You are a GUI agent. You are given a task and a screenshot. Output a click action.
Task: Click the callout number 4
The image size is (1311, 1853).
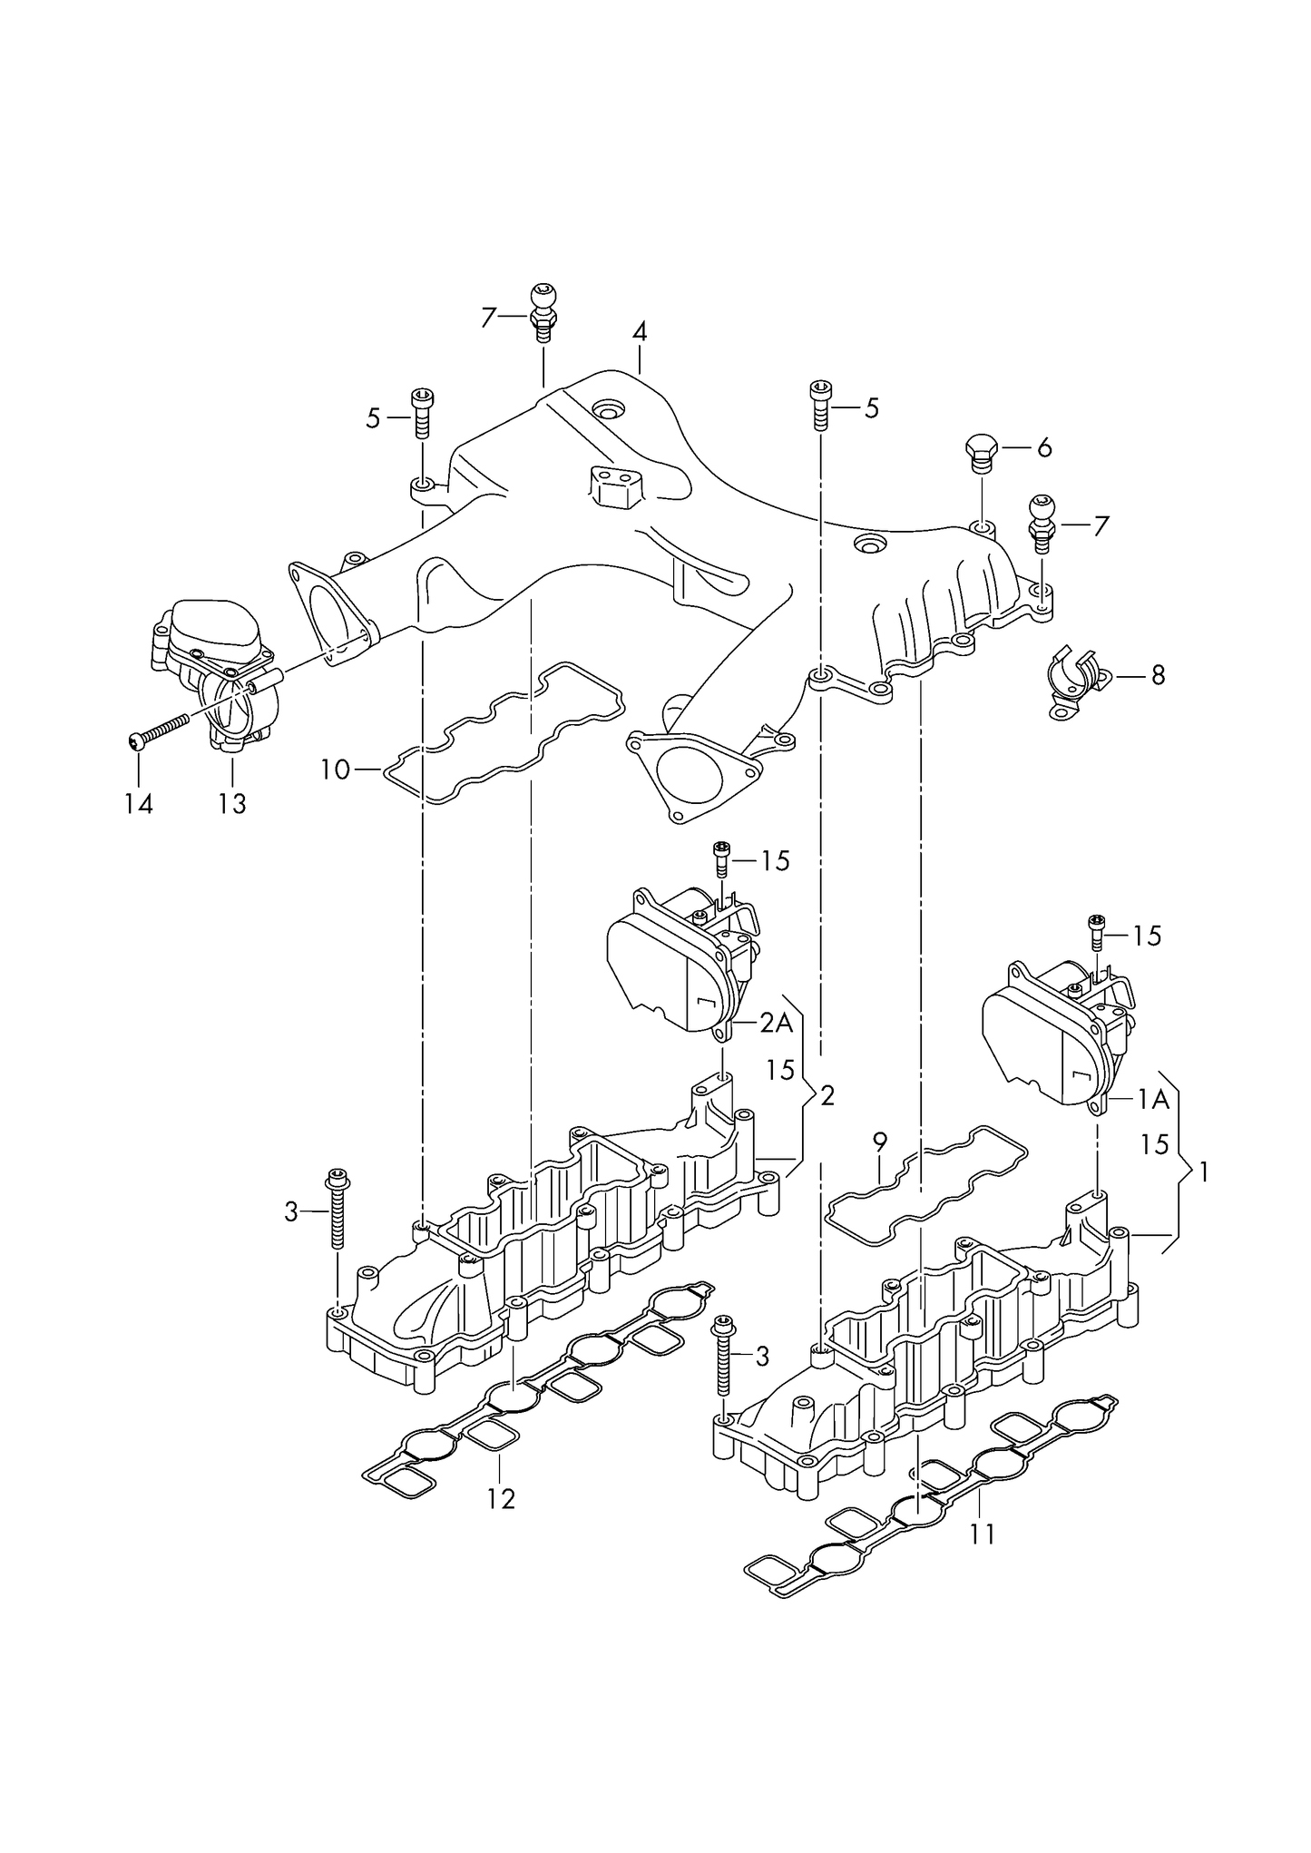click(x=640, y=332)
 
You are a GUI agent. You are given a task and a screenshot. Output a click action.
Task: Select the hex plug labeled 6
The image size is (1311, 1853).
click(x=982, y=452)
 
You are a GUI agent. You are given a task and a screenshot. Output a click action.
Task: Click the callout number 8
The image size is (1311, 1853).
click(x=1157, y=675)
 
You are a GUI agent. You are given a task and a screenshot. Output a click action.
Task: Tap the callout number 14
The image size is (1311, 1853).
click(x=139, y=803)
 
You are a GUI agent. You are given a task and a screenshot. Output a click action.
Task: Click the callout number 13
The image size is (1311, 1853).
click(x=232, y=803)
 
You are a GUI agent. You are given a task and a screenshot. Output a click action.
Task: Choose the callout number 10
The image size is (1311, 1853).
click(x=335, y=770)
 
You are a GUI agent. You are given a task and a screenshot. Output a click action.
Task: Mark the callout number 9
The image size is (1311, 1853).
click(x=878, y=1142)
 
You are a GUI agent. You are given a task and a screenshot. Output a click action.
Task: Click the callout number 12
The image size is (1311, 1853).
click(x=500, y=1498)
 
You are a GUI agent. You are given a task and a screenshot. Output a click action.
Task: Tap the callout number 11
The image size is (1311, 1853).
click(x=982, y=1534)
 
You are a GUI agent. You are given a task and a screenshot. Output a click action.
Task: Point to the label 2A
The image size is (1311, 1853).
click(x=777, y=1024)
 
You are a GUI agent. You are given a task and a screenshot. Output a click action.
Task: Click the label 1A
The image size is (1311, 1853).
click(x=1153, y=1100)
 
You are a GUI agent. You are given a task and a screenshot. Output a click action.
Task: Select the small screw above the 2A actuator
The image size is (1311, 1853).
click(x=722, y=858)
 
